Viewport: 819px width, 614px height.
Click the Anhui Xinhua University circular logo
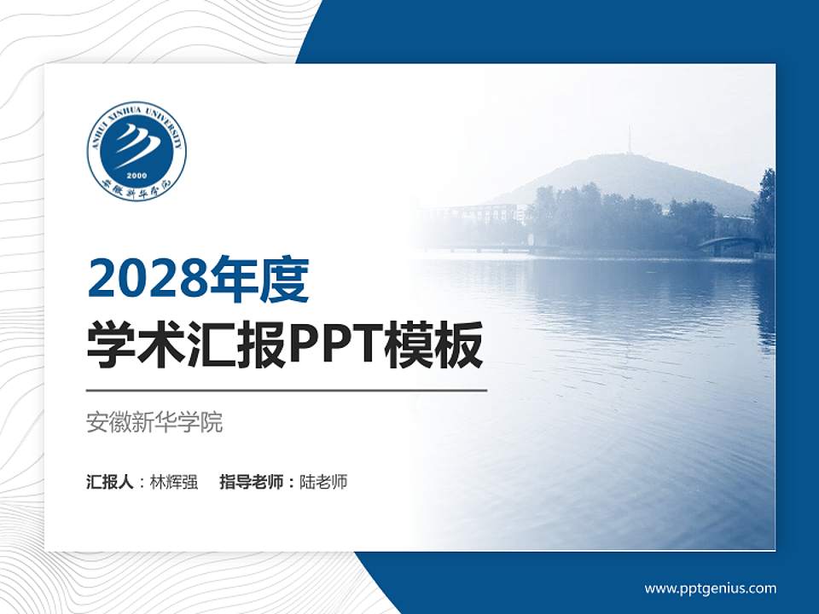pos(136,151)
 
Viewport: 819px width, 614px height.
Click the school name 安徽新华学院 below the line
pos(154,422)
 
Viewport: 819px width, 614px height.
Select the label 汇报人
pos(110,482)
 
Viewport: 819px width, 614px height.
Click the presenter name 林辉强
pos(174,482)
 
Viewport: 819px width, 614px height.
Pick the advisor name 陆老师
pos(324,482)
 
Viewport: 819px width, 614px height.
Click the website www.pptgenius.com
pos(710,588)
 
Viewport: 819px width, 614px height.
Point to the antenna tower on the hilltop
pos(630,141)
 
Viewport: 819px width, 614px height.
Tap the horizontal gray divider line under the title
pos(287,391)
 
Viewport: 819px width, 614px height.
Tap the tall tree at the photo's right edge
pos(765,209)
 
